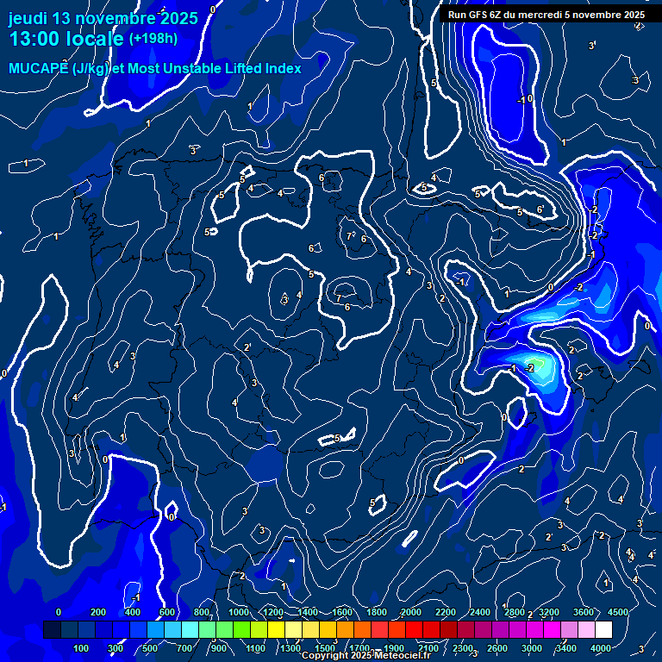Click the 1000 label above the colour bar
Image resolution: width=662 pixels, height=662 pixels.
[x=239, y=612]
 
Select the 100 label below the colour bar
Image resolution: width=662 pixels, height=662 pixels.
[x=82, y=648]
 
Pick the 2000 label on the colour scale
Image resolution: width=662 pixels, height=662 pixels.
[x=411, y=612]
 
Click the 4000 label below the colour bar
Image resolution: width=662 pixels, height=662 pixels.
[x=601, y=648]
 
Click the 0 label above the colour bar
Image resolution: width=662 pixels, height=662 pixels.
[x=59, y=612]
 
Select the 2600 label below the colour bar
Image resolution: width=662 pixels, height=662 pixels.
[x=497, y=648]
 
